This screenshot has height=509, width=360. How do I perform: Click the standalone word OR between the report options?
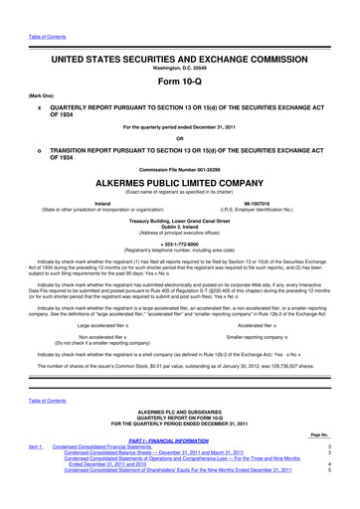tap(179, 138)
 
